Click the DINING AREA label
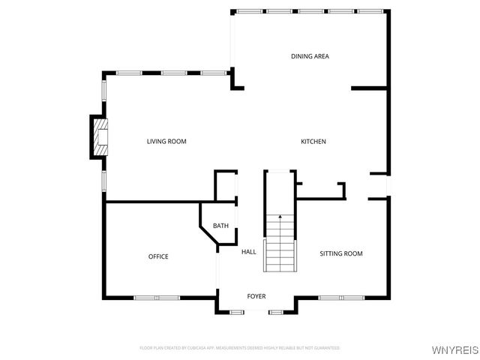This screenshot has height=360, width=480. coord(310,56)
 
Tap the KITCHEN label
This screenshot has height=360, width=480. coord(313,142)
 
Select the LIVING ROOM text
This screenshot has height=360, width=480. coord(166,142)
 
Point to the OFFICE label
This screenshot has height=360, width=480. coord(158,256)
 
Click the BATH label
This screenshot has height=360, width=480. coord(220,226)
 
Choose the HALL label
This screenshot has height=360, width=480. coord(249,252)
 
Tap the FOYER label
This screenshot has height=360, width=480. coord(256,296)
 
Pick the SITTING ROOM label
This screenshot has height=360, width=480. coord(341,253)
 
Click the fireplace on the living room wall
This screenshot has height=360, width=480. coord(100,136)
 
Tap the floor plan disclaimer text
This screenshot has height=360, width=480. coord(240,348)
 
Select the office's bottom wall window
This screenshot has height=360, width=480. coord(157,298)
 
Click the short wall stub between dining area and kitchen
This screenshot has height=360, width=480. coord(370,88)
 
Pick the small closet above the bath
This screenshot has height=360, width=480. coord(226,186)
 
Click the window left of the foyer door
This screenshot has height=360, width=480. coord(238,310)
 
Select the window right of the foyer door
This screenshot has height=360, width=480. coord(276,310)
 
